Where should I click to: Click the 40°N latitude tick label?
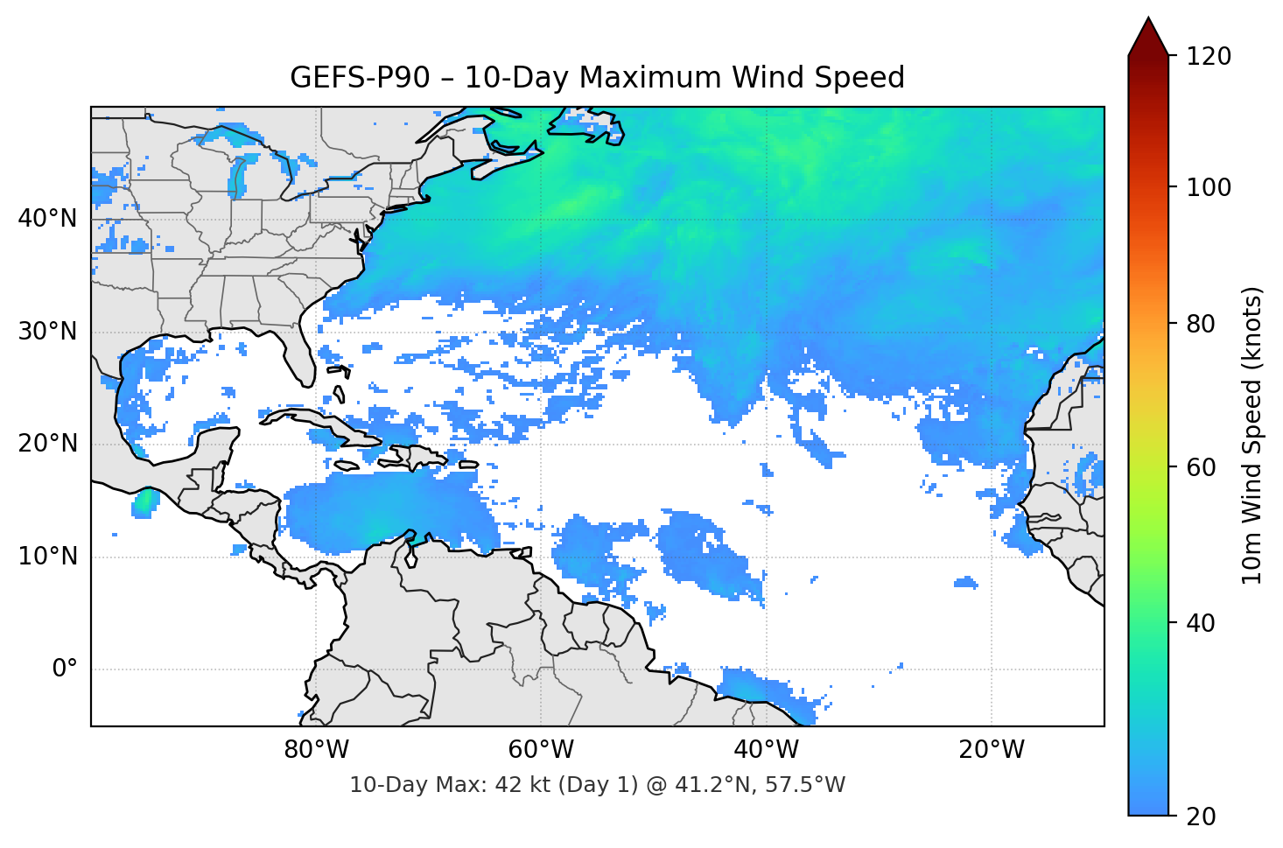coord(47,219)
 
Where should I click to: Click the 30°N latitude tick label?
coord(47,332)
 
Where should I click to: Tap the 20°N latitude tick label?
coord(47,444)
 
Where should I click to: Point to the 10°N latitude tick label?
coord(47,557)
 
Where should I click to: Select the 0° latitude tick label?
coord(65,669)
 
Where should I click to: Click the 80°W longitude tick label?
coord(316,750)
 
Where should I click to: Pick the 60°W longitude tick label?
coord(541,750)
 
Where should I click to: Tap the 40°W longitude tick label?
coord(766,750)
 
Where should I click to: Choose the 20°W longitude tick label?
coord(992,750)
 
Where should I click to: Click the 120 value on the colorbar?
coord(1209,57)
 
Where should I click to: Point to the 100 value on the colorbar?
coord(1209,187)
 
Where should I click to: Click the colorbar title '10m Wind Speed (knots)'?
coord(1252,435)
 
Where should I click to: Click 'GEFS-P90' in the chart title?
coord(360,78)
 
